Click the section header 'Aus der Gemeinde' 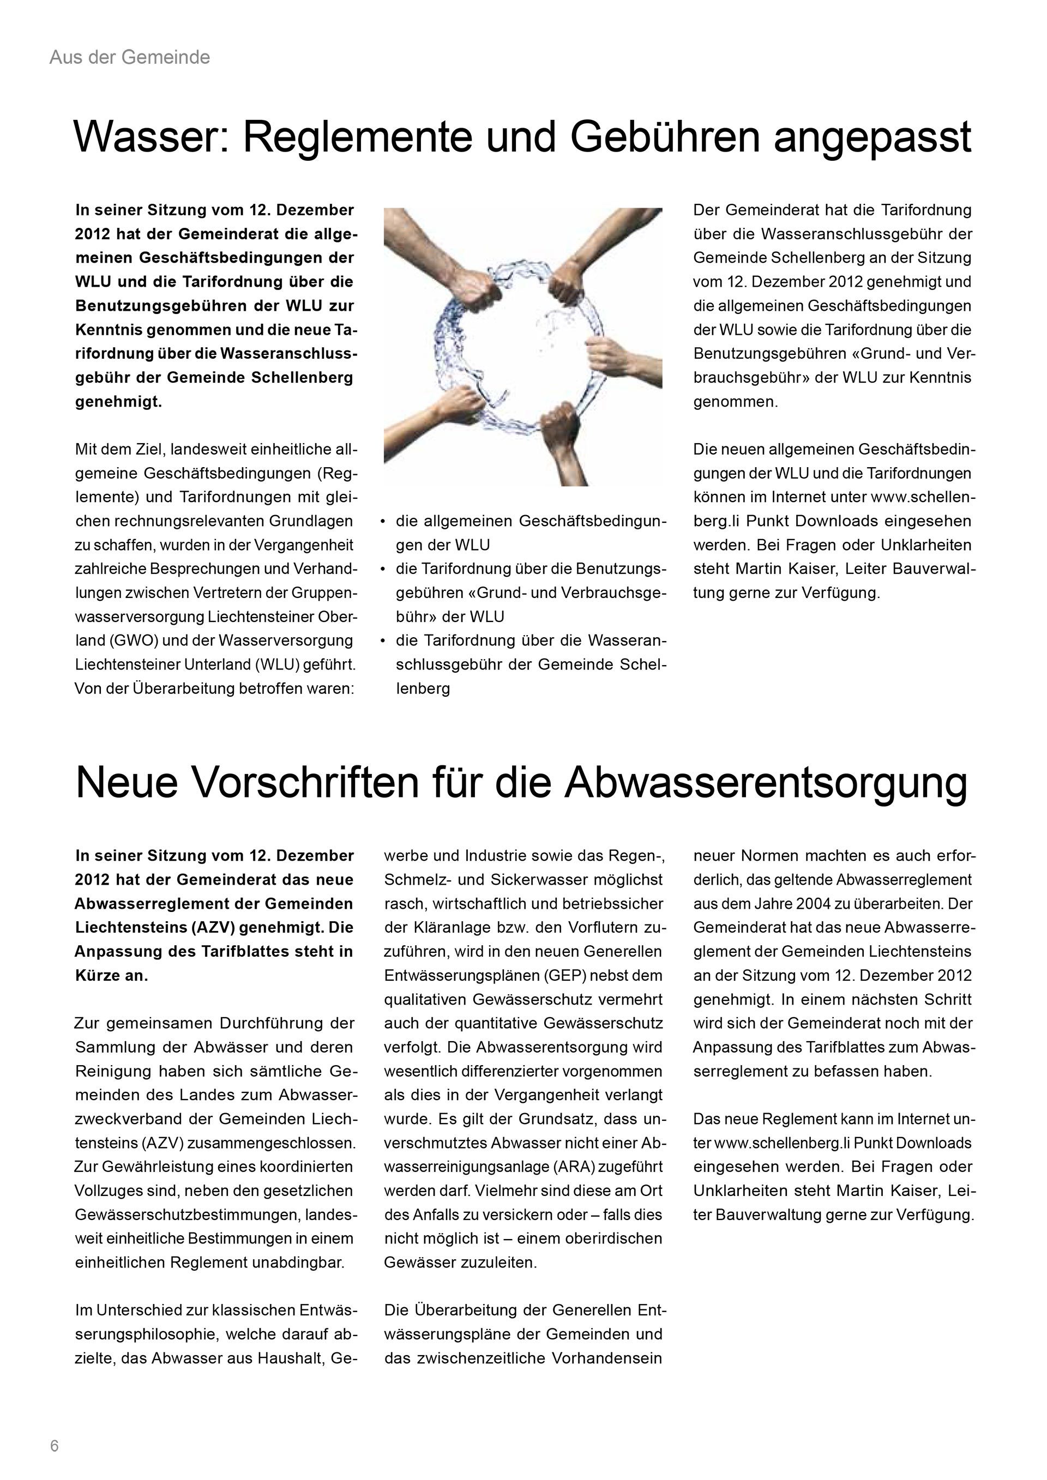click(x=130, y=58)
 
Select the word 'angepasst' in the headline click(x=872, y=137)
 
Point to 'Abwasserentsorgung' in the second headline click(x=766, y=783)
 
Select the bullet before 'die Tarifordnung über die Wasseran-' click(x=383, y=641)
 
